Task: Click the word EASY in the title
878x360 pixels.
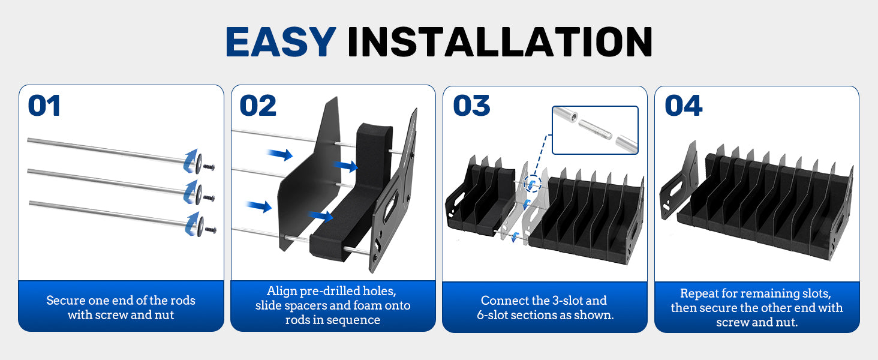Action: (280, 42)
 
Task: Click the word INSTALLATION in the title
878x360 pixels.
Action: (500, 42)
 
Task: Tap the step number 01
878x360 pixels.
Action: (44, 106)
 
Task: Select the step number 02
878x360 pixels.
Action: (258, 106)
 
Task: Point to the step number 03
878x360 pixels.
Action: (471, 106)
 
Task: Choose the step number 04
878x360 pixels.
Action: (684, 106)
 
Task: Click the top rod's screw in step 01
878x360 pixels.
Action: (210, 166)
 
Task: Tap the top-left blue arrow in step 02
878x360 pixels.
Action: (280, 155)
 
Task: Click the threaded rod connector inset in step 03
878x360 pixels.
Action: (594, 130)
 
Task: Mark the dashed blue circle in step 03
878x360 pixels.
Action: (531, 183)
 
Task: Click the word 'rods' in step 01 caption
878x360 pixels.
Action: (184, 300)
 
